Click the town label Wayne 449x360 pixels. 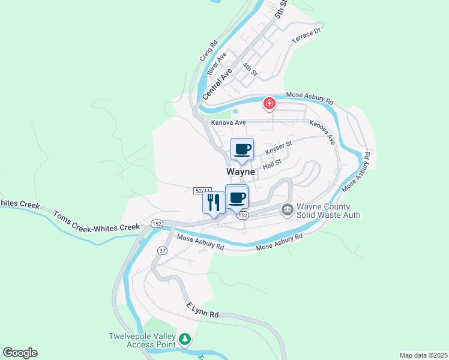point(241,172)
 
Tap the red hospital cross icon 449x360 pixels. point(270,104)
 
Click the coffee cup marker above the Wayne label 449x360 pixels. point(242,149)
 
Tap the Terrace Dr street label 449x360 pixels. point(307,37)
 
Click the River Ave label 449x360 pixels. point(217,63)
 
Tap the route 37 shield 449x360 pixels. point(162,250)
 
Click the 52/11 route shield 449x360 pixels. point(203,190)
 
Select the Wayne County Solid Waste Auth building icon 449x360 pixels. point(287,209)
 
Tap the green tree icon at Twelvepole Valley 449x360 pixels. point(185,340)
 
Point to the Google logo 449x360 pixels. point(20,353)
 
